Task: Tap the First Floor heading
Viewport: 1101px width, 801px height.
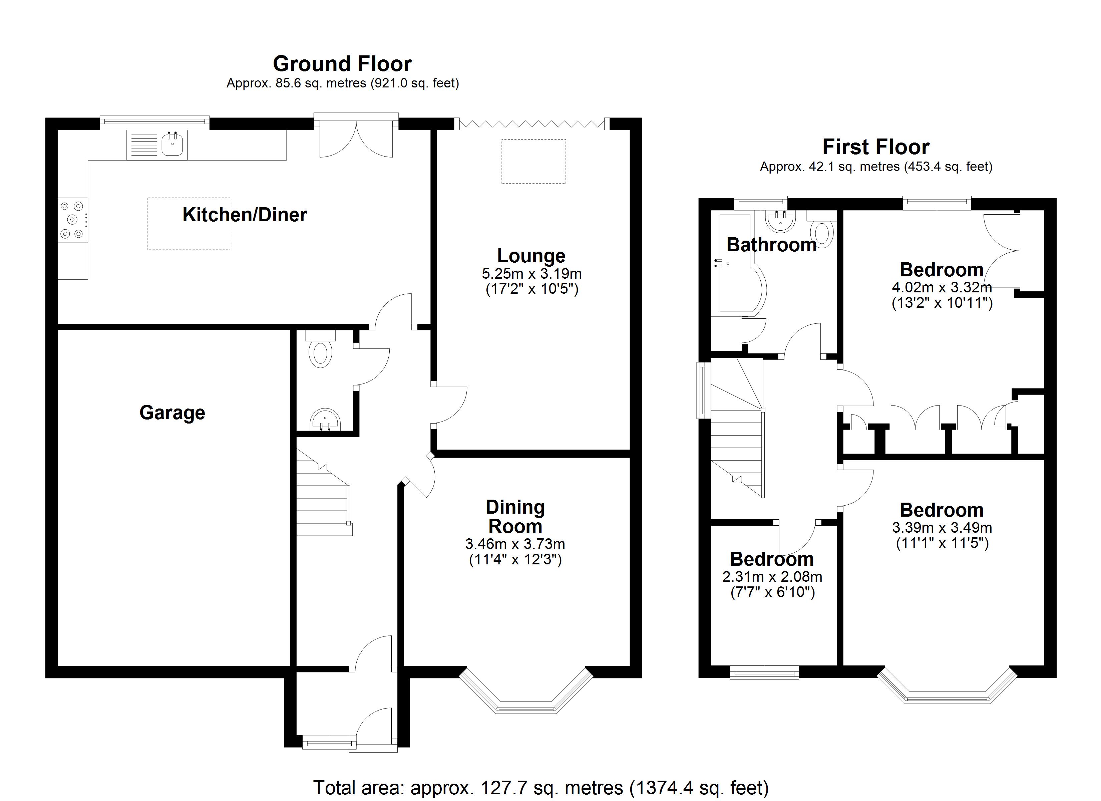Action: (x=876, y=147)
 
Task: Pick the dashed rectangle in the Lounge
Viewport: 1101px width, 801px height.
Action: (x=533, y=161)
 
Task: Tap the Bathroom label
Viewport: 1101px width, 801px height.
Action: (x=771, y=245)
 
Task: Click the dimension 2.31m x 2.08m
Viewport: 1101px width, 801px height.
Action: (x=772, y=577)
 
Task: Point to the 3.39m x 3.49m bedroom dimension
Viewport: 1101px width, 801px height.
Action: (x=942, y=528)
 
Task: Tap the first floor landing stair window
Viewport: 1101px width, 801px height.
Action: (x=702, y=390)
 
